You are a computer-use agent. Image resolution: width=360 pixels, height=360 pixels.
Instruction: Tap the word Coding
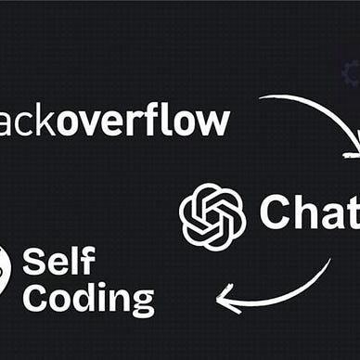90,298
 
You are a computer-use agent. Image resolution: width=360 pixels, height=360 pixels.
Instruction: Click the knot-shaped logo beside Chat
212,215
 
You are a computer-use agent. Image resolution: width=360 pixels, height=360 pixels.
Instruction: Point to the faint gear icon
353,71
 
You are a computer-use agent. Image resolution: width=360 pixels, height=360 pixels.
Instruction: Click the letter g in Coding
141,302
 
